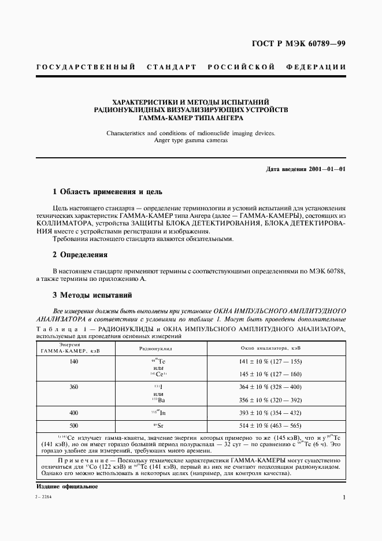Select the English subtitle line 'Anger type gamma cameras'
coord(191,140)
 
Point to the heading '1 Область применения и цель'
coord(107,191)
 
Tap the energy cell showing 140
coord(73,361)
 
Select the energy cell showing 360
coord(73,387)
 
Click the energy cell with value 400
coord(73,413)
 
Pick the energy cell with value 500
coord(73,425)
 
